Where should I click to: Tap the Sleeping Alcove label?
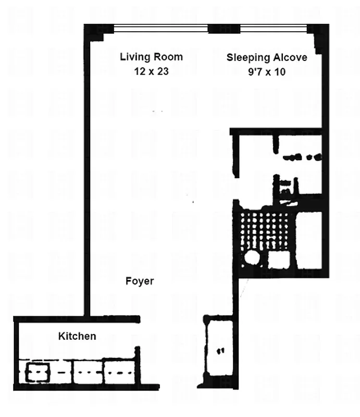point(266,57)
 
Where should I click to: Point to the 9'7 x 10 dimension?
point(266,72)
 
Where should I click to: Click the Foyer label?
point(140,281)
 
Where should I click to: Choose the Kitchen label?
point(77,336)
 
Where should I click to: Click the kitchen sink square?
point(37,372)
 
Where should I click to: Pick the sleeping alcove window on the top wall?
point(273,28)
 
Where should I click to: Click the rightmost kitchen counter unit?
point(119,372)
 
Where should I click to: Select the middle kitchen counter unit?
point(87,372)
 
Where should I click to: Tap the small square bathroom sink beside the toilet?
point(279,259)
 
